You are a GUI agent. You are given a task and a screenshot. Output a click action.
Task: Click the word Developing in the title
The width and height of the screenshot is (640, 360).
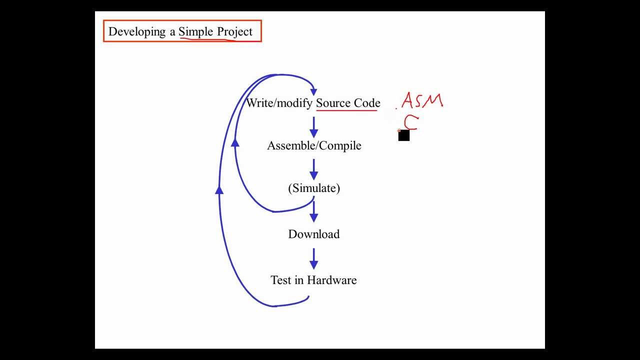click(137, 32)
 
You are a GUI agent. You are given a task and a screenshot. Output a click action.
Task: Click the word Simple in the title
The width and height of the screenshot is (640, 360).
click(195, 32)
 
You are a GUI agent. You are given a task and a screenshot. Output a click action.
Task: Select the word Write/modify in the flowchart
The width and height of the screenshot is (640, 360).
click(279, 103)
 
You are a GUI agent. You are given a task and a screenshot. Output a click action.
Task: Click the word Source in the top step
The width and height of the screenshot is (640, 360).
click(333, 103)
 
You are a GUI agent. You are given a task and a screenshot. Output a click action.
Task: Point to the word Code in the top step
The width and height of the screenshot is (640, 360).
click(367, 103)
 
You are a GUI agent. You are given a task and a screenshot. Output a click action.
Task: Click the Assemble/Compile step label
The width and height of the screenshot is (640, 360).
click(314, 145)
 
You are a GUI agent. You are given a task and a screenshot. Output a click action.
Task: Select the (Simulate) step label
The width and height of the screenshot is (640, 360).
click(314, 188)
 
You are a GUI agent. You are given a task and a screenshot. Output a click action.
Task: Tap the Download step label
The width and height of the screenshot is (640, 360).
click(314, 234)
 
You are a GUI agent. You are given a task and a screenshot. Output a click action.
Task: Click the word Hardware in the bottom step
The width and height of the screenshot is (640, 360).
click(332, 280)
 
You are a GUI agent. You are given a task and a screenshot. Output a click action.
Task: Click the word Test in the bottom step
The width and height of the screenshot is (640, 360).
click(281, 280)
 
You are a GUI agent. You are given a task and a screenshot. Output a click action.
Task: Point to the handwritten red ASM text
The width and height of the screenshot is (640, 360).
click(422, 100)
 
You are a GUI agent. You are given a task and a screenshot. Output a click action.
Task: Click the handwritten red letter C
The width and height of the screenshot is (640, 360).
click(410, 122)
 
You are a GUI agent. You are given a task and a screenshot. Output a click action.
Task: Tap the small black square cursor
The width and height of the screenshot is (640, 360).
click(404, 135)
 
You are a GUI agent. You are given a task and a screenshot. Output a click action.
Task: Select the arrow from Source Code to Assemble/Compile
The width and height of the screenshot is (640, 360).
click(314, 127)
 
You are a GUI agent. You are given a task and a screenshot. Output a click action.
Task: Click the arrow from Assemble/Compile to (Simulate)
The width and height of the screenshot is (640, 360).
click(314, 169)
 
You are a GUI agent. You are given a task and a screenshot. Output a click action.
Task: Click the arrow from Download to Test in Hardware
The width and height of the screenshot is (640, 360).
click(314, 259)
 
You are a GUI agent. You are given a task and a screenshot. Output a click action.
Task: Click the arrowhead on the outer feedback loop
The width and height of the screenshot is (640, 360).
click(219, 189)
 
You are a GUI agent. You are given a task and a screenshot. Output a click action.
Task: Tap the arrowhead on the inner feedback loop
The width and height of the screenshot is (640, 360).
click(235, 142)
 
